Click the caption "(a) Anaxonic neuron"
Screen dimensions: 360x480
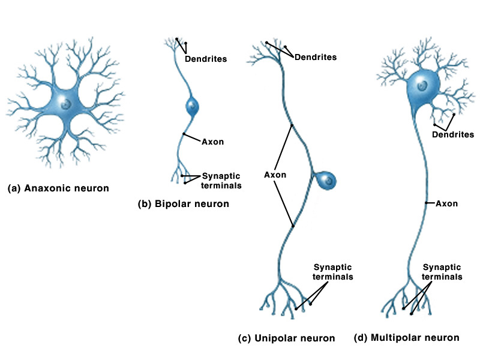point(58,188)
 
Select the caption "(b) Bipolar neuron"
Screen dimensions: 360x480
point(184,203)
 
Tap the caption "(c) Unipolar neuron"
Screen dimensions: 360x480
point(286,338)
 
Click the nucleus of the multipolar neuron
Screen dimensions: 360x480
point(424,86)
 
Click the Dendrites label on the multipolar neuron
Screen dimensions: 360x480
point(453,134)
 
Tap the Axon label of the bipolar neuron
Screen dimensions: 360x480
point(213,142)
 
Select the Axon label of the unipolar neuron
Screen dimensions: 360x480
point(275,175)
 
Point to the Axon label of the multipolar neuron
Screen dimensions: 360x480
point(446,203)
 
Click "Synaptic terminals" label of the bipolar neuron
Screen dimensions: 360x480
point(221,181)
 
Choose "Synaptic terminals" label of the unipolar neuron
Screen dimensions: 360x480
point(333,272)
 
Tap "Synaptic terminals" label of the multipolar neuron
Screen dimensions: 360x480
point(442,272)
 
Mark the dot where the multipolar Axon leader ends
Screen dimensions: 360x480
point(426,203)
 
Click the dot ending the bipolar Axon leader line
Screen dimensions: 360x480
point(184,134)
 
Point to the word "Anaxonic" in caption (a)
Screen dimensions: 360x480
point(45,188)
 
